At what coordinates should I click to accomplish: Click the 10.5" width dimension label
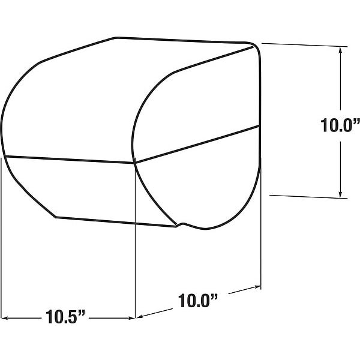tap(65, 317)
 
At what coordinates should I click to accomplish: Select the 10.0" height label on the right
tap(340, 125)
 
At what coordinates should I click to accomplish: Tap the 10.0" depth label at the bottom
tap(198, 301)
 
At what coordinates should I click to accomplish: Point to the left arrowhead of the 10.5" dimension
tap(5, 318)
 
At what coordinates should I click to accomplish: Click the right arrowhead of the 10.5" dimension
tap(131, 318)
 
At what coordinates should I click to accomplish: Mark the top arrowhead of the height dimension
tap(340, 50)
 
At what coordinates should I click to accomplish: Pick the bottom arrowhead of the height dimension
tap(340, 194)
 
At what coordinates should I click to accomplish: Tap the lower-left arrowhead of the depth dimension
tap(140, 317)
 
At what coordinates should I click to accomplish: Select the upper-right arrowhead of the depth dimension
tap(257, 287)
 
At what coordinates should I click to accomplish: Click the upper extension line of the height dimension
tap(304, 45)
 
